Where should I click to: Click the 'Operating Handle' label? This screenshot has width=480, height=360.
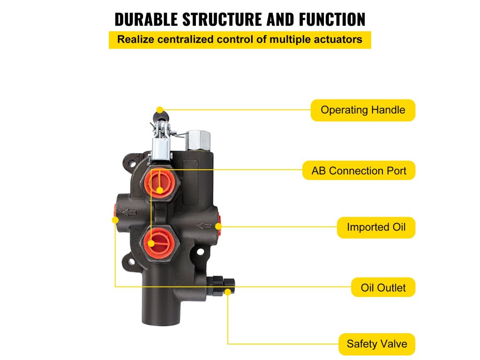[363, 110]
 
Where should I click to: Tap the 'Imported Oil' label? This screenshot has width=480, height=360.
[376, 227]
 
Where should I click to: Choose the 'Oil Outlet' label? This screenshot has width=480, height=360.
[383, 287]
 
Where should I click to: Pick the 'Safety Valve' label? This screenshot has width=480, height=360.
[376, 344]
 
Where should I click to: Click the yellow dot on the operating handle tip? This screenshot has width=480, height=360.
[160, 110]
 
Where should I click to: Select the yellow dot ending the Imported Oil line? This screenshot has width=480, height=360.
[218, 226]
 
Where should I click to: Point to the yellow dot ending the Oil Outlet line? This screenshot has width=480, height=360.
[115, 220]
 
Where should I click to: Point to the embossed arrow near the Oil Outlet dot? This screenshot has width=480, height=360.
[128, 213]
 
